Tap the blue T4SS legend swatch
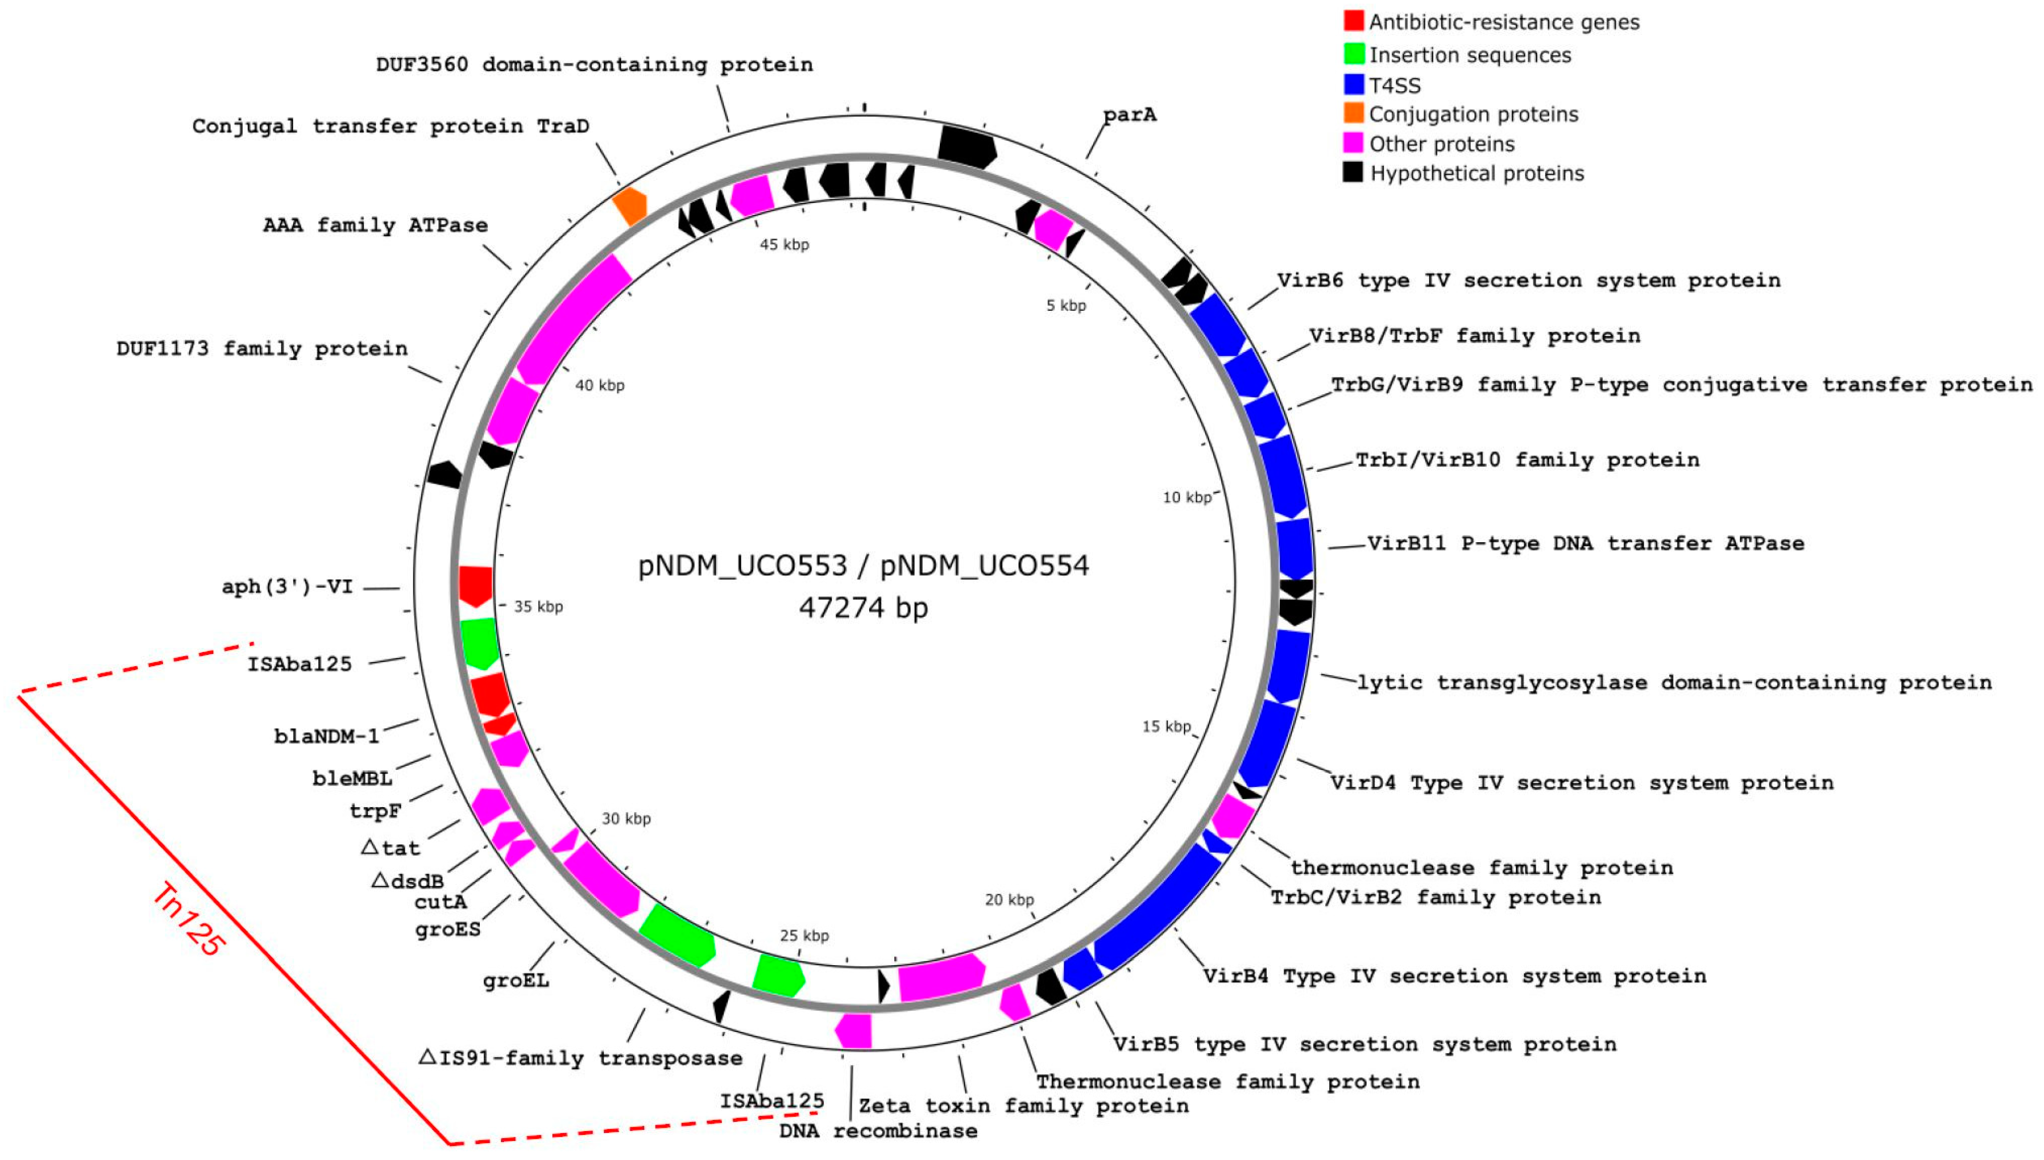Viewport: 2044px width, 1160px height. [1353, 85]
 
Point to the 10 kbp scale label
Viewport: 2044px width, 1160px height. [1186, 498]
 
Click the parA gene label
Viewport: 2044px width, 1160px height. [1130, 115]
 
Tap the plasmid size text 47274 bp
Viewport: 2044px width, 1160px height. [863, 608]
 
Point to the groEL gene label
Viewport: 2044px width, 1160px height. [516, 980]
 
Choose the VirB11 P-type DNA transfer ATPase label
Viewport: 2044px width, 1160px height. [1585, 543]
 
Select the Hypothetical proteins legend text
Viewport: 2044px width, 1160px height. [1476, 174]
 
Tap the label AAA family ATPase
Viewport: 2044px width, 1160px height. [375, 225]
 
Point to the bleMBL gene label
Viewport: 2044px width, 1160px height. [352, 778]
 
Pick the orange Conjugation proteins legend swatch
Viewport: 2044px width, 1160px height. [1353, 113]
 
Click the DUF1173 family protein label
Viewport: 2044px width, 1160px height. [262, 349]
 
